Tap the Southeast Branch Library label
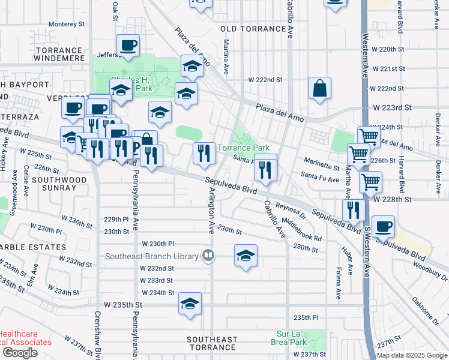point(152,256)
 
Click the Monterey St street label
point(67,24)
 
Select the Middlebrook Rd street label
point(305,229)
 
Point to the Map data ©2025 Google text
point(411,355)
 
